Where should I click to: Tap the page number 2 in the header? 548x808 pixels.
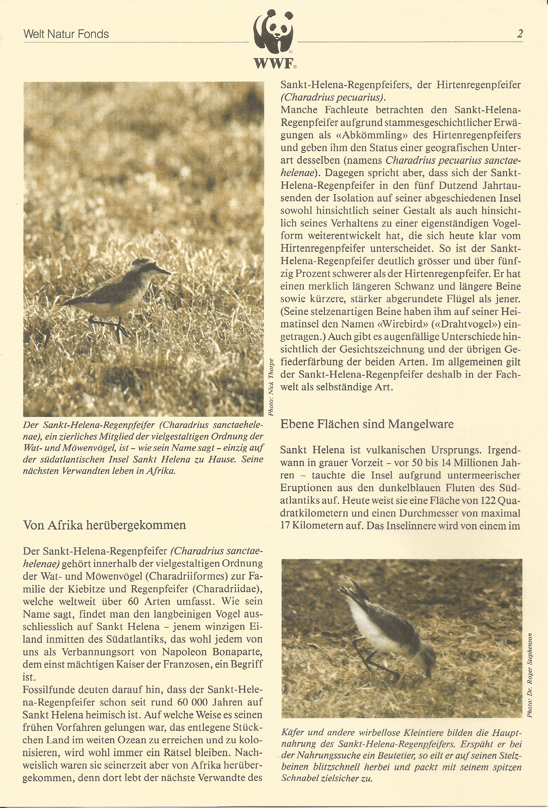520,34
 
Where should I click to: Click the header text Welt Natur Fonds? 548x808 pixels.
66,34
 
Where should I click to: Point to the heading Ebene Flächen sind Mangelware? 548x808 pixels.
367,424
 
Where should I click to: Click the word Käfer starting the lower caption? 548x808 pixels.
293,733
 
